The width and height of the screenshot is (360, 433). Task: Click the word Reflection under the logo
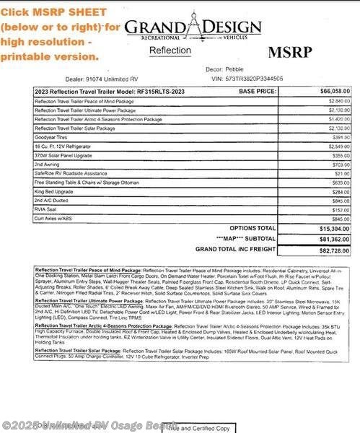[170, 51]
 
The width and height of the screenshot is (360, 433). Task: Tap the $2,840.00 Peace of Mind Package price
[338, 102]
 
